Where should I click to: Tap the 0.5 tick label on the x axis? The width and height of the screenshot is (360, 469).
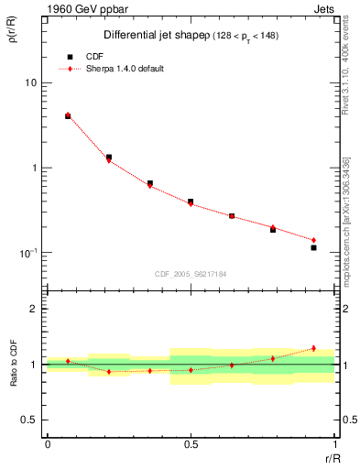click(x=190, y=443)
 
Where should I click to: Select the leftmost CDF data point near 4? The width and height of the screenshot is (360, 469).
click(x=68, y=116)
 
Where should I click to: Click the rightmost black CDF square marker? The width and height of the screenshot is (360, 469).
click(x=313, y=247)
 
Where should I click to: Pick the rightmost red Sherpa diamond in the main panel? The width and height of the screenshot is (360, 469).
click(x=313, y=240)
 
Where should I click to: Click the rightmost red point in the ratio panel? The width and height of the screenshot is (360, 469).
click(x=313, y=348)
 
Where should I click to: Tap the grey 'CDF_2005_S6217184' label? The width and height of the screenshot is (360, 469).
click(x=191, y=273)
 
